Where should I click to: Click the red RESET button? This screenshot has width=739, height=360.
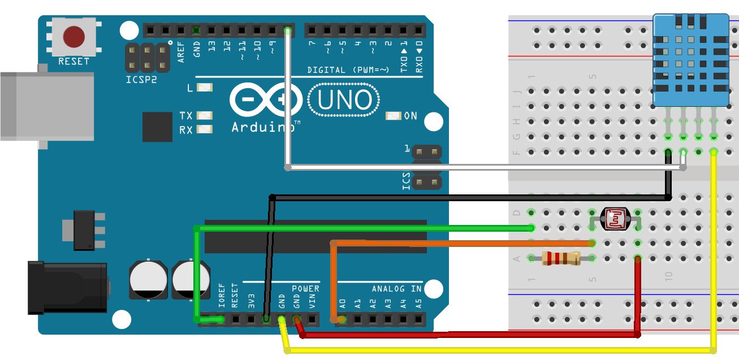(x=74, y=37)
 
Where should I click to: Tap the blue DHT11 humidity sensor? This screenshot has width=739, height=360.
(x=690, y=59)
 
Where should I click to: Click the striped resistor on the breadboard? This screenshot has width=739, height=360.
(x=561, y=259)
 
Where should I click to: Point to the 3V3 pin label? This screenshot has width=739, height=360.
(x=252, y=300)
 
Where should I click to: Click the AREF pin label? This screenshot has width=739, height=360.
(x=181, y=51)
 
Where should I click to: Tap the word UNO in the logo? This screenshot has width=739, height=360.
(x=344, y=101)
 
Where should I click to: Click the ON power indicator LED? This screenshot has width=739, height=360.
(x=392, y=115)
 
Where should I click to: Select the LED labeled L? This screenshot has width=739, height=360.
(x=204, y=88)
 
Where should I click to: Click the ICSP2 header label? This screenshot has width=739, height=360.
(x=141, y=80)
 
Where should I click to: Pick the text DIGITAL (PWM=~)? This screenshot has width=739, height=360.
(x=348, y=70)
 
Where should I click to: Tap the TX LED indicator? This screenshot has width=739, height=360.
(x=204, y=115)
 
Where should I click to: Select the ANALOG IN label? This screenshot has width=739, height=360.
(x=397, y=289)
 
